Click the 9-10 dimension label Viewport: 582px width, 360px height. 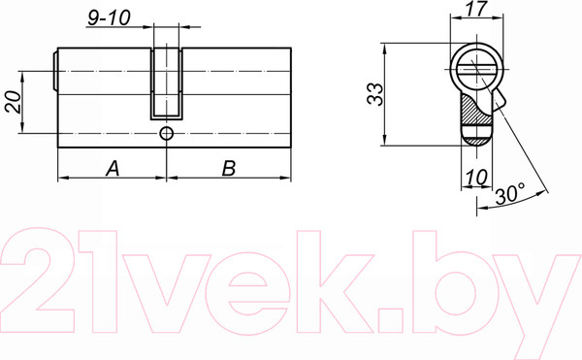coord(109,17)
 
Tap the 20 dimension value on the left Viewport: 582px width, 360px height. coord(13,101)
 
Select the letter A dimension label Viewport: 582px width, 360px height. coord(113,168)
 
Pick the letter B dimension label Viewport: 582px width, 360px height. coord(229,168)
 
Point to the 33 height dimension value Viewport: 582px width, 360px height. coord(374,94)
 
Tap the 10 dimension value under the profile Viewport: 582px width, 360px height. coord(476,177)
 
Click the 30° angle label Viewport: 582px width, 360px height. coord(510,194)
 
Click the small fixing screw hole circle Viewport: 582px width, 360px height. coord(166,133)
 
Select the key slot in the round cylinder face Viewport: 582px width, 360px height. coord(476,70)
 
